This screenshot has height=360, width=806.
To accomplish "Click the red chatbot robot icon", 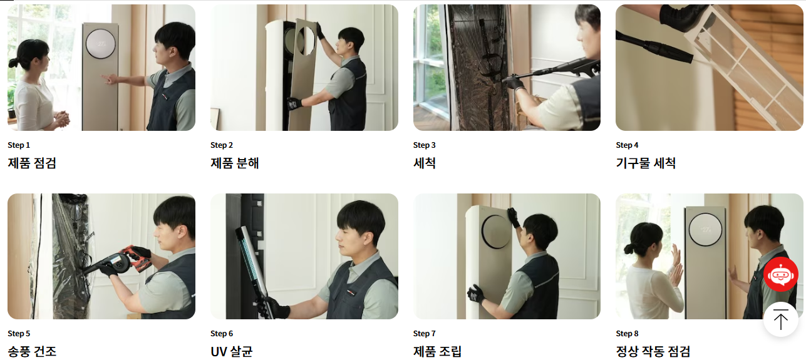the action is tap(781, 274).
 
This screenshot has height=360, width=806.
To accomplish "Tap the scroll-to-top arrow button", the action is tap(781, 319).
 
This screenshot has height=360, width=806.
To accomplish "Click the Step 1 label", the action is tap(19, 145).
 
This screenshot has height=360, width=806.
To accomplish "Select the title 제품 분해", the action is tap(235, 163).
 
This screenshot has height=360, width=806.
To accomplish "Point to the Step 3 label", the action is tap(424, 145).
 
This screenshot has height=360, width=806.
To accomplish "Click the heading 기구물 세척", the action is tap(646, 163).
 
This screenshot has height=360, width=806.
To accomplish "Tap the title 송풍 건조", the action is tap(32, 351).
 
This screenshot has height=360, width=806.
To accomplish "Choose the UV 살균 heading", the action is tap(232, 351).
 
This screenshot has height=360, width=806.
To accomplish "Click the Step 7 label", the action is tap(424, 333).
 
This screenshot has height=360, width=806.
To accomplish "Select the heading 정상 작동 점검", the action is tap(653, 351).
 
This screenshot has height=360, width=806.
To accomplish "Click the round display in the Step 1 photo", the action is tap(101, 44).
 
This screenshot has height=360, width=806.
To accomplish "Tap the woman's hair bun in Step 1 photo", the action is tap(13, 63).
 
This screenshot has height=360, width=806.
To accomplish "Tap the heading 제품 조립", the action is tap(437, 351).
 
